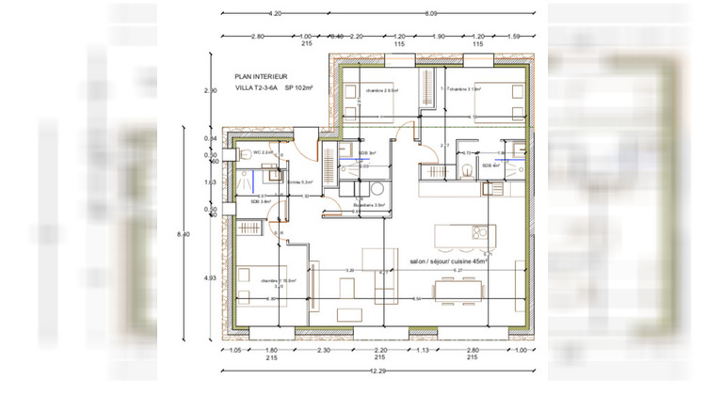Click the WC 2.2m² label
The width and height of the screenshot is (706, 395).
(x=263, y=152)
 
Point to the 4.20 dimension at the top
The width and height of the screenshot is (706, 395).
(x=275, y=14)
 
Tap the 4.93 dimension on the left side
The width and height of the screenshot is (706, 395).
(x=211, y=277)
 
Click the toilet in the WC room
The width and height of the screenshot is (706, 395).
(x=242, y=155)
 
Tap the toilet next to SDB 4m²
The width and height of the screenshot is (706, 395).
(x=468, y=169)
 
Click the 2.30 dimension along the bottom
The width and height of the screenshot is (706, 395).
(x=323, y=350)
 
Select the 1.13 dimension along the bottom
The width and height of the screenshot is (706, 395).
(x=424, y=350)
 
